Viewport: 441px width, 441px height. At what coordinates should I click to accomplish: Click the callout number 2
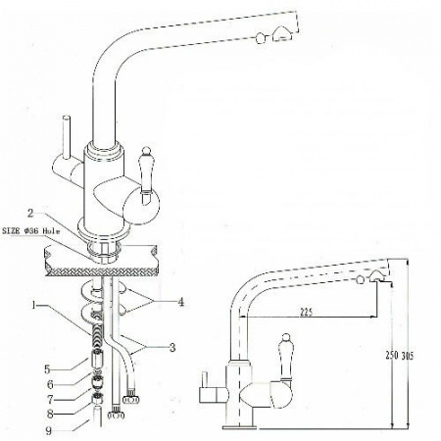[30, 214]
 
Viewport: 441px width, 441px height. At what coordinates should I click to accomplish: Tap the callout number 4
[180, 302]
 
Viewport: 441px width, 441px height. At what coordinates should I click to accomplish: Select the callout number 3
[172, 348]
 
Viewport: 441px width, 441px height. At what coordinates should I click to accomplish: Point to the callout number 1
[33, 306]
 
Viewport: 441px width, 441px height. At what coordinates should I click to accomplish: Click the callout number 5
[48, 369]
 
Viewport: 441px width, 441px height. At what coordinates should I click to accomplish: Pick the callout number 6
[50, 384]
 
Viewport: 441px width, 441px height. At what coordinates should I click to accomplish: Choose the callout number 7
[50, 399]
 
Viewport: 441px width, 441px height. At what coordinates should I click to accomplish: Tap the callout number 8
[50, 415]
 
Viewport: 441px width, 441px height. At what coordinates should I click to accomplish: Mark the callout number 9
[49, 431]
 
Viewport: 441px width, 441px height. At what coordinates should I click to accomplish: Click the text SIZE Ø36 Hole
[31, 231]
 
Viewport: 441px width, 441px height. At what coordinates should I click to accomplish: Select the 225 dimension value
[306, 313]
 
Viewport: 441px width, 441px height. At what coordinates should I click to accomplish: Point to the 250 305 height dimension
[399, 356]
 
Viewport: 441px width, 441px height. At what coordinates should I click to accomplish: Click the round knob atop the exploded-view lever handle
[146, 151]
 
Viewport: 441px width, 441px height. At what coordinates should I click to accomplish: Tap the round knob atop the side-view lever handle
[285, 338]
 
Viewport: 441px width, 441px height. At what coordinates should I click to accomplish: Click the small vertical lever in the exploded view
[67, 137]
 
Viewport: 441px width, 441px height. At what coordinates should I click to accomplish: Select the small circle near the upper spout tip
[260, 38]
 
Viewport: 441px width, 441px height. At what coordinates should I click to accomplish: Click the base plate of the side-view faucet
[239, 427]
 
